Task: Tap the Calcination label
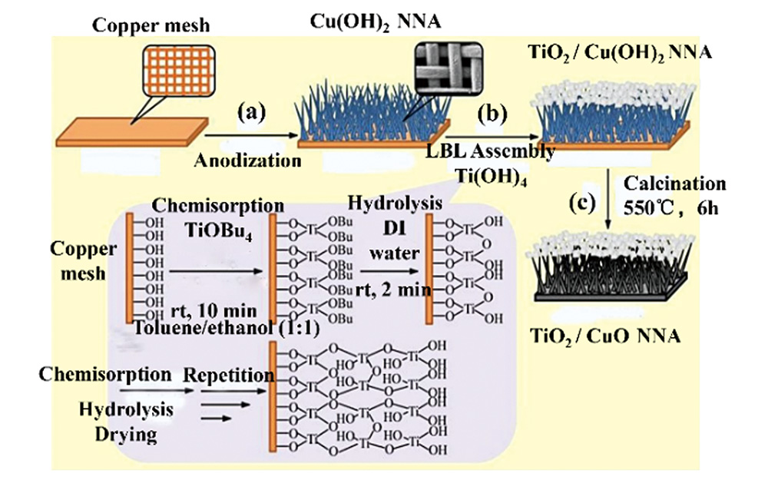coord(674,184)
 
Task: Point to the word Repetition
coord(228,376)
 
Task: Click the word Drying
coord(123,435)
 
